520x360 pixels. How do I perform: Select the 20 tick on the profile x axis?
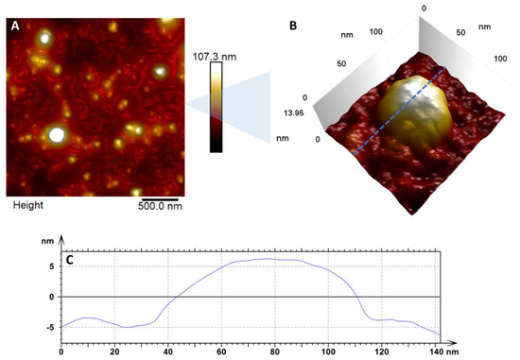pos(114,351)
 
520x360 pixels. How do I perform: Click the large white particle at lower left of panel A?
pos(56,135)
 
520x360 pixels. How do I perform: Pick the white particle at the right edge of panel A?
pos(161,71)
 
